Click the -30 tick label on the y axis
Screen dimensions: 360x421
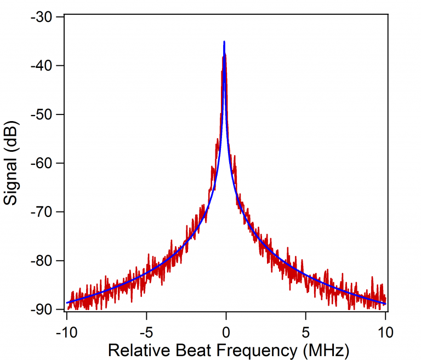click(x=41, y=18)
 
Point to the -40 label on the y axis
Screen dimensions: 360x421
click(x=41, y=66)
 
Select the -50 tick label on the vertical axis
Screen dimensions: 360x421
click(x=41, y=115)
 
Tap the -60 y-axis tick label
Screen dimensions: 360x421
click(x=41, y=163)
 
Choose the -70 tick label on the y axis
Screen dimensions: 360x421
click(x=41, y=212)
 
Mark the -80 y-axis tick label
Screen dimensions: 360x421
click(x=41, y=261)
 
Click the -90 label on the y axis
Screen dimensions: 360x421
click(x=41, y=310)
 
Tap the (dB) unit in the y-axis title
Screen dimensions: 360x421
click(x=12, y=134)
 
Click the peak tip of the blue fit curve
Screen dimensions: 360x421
click(x=224, y=42)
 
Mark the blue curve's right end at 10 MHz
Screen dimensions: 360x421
click(x=385, y=304)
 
